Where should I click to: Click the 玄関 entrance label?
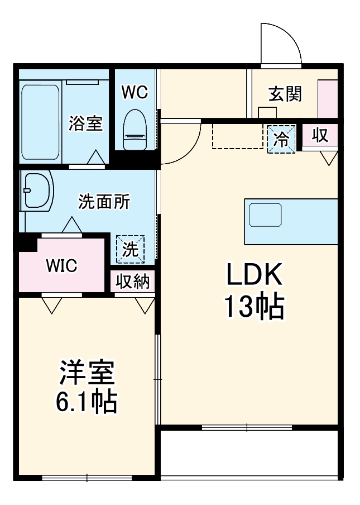coord(285,94)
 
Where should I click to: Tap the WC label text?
coord(135,92)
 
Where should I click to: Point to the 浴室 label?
coord(85,123)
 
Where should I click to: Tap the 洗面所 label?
coord(104,202)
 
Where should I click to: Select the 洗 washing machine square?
coord(130,250)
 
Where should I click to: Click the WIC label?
coord(61,265)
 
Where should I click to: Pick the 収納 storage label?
coord(133,282)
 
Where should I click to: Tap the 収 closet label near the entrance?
coord(320,135)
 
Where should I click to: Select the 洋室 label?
coord(87,374)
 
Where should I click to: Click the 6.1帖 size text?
coord(87,403)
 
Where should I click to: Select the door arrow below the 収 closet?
coord(329,158)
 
